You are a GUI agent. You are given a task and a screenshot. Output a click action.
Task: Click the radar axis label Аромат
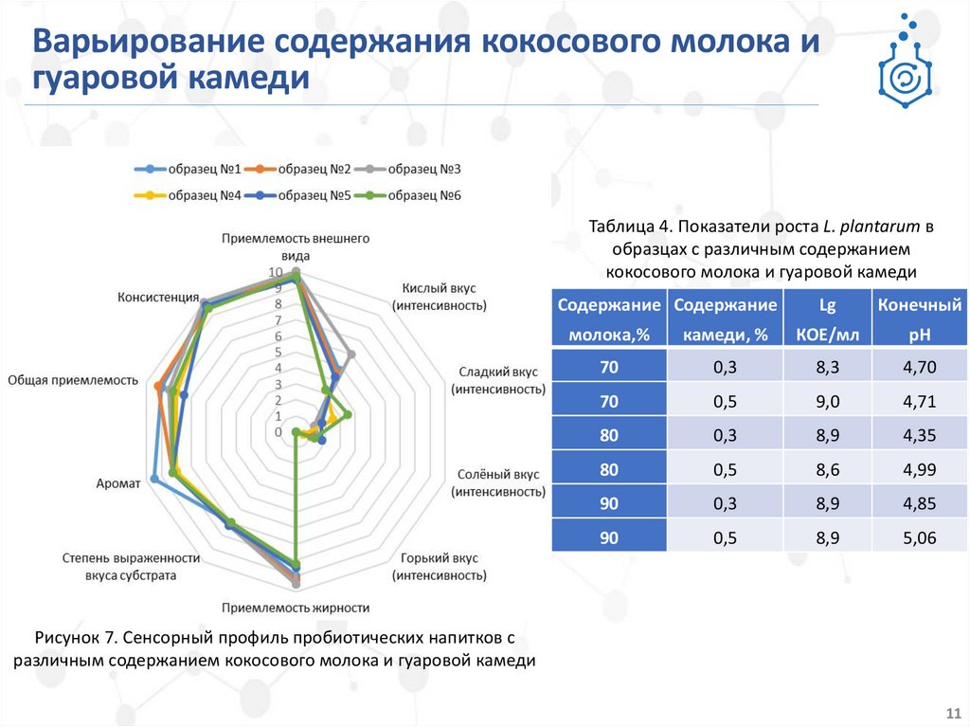coord(118,482)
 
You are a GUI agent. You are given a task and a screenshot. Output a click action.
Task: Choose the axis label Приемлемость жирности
coord(295,608)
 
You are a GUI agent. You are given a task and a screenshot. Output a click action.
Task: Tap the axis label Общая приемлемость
coord(73,380)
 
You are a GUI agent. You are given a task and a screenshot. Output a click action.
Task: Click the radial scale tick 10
coord(276,273)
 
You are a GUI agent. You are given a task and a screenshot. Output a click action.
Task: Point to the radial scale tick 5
coord(277,353)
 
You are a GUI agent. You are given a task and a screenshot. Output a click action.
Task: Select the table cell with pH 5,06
coord(919,536)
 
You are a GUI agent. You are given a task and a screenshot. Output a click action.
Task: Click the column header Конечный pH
coord(919,320)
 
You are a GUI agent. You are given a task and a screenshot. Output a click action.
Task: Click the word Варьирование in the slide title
coord(150,45)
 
